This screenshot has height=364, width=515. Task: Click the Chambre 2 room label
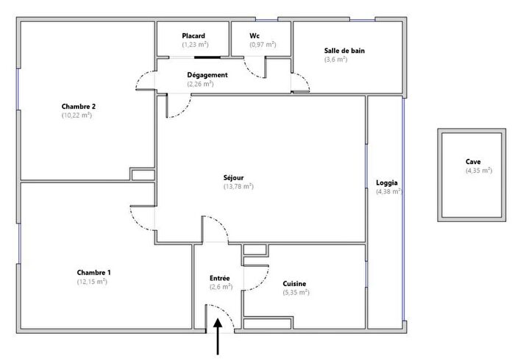(78, 106)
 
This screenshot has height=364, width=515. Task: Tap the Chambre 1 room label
(93, 272)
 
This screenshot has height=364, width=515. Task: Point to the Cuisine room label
(294, 284)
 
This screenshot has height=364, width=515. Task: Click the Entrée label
(220, 278)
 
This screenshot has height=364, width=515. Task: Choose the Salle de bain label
(344, 51)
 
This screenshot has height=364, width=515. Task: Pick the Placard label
(193, 35)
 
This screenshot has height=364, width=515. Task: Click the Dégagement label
(207, 75)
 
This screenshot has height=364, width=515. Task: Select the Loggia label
(387, 182)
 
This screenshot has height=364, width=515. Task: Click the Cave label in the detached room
(473, 162)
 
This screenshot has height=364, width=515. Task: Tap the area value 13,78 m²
(238, 187)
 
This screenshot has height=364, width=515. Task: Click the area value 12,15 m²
(93, 282)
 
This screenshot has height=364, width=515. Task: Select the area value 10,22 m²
(77, 115)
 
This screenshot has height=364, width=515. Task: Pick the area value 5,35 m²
(294, 293)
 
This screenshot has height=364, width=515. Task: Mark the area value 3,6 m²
(335, 60)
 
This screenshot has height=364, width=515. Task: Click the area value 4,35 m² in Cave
(479, 171)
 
